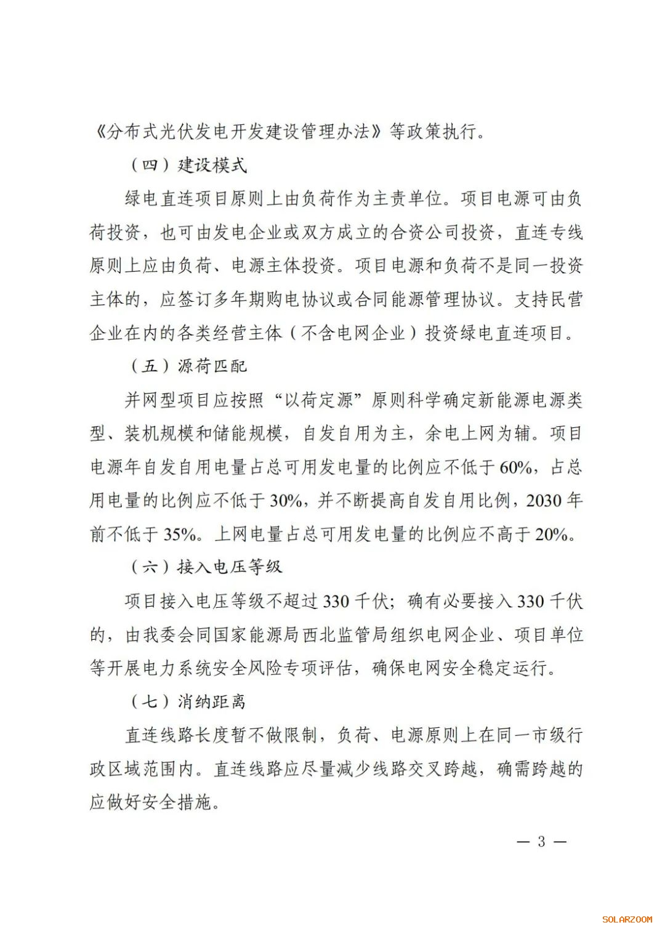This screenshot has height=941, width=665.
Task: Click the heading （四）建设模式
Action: pyautogui.click(x=188, y=165)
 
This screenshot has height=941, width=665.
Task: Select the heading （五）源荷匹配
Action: pyautogui.click(x=188, y=366)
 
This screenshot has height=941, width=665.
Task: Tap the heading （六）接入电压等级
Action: pyautogui.click(x=206, y=567)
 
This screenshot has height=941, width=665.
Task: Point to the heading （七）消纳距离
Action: pyautogui.click(x=188, y=701)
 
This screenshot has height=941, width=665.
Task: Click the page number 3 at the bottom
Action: pyautogui.click(x=541, y=841)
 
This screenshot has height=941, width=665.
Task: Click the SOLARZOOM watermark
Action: pyautogui.click(x=627, y=919)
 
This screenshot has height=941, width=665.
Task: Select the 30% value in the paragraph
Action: pyautogui.click(x=286, y=501)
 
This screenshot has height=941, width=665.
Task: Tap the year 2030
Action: pyautogui.click(x=544, y=501)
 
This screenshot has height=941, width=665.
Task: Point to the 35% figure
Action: pyautogui.click(x=180, y=534)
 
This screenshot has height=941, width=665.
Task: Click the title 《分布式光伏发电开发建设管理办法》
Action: pyautogui.click(x=238, y=131)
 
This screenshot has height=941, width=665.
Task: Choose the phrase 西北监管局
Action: pyautogui.click(x=347, y=634)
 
